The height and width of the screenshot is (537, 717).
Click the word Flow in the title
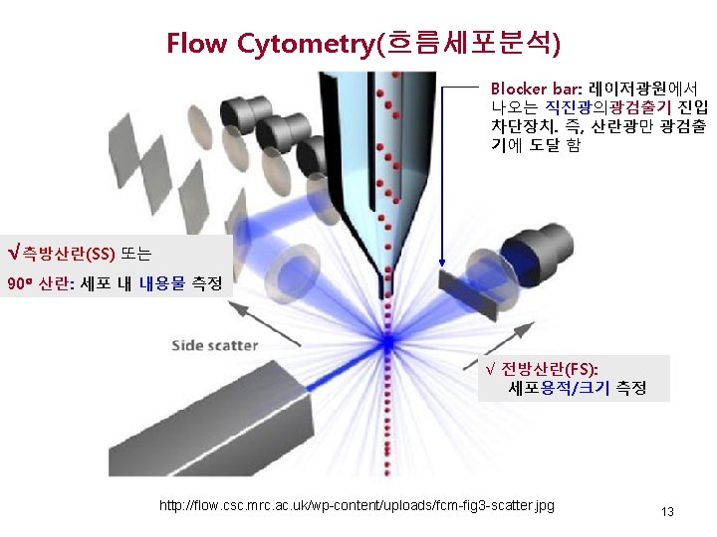coord(196,44)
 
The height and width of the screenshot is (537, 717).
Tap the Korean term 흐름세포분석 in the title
coord(464,44)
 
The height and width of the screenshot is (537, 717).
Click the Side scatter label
coord(215,346)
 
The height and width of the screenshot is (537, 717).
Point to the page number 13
coord(667,512)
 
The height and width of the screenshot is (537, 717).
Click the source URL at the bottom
coord(357,507)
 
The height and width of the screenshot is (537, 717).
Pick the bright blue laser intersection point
coord(386,341)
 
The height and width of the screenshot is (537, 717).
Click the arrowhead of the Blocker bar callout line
coord(442,265)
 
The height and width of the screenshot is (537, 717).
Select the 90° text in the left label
coord(20,284)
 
